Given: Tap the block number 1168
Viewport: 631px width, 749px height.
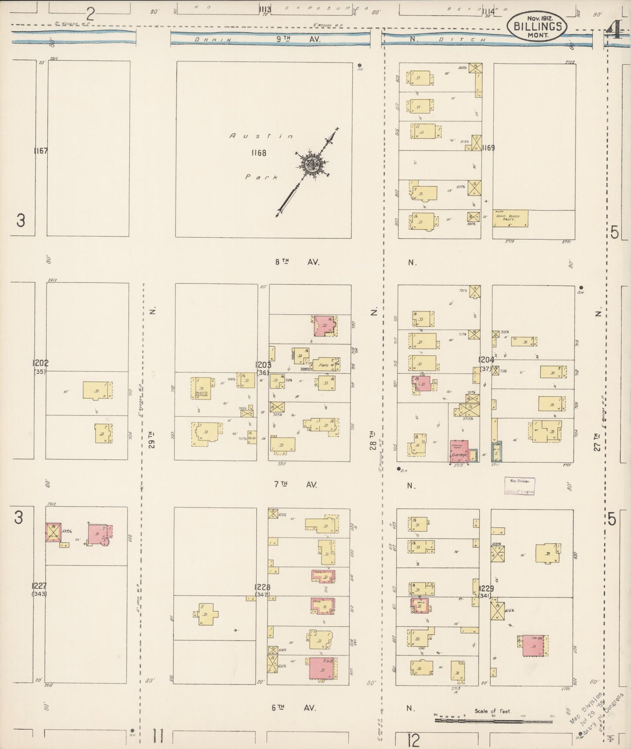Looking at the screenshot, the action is pyautogui.click(x=259, y=153).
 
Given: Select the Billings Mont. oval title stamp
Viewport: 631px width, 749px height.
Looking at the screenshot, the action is pyautogui.click(x=537, y=26).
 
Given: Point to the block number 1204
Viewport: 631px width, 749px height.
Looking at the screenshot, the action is pyautogui.click(x=486, y=360).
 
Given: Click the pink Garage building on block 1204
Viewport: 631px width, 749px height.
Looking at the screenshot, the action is pyautogui.click(x=459, y=451).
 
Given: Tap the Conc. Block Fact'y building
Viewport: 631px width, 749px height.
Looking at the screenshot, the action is pyautogui.click(x=510, y=218).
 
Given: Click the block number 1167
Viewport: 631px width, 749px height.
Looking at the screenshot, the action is pyautogui.click(x=41, y=151).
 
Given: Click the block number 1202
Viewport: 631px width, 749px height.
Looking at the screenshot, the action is pyautogui.click(x=40, y=363).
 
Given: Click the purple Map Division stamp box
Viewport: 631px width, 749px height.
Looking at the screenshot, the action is pyautogui.click(x=519, y=485).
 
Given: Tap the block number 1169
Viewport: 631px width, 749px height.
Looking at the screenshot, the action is pyautogui.click(x=488, y=148).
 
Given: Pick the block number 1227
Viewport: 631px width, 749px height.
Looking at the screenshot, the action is pyautogui.click(x=39, y=586).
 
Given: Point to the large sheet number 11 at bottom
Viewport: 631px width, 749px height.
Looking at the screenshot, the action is pyautogui.click(x=158, y=738).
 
